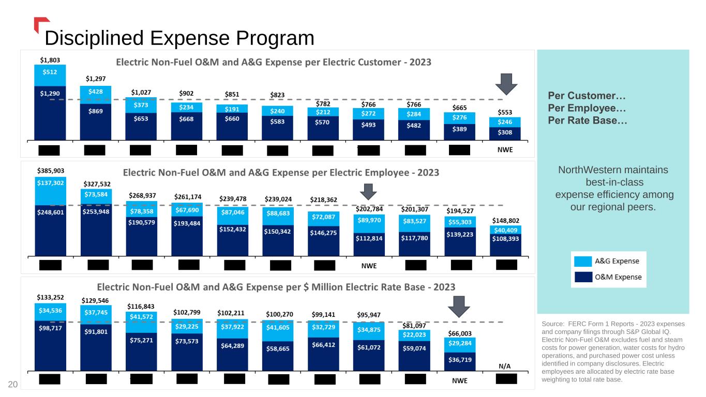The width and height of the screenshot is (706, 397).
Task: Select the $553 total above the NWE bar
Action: click(505, 112)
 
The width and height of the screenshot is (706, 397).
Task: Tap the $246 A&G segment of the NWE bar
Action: click(505, 123)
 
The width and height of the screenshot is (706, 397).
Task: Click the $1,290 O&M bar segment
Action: click(50, 93)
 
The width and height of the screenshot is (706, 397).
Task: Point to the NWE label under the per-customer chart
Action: click(505, 150)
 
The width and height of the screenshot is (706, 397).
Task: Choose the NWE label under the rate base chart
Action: click(460, 380)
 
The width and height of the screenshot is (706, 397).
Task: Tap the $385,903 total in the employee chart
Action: click(51, 170)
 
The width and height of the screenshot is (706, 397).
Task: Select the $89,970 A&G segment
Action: click(369, 220)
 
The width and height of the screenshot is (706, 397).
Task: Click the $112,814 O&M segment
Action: click(369, 238)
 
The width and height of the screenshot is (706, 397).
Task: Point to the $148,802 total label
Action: click(505, 221)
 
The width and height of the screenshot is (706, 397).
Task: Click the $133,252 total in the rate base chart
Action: click(51, 297)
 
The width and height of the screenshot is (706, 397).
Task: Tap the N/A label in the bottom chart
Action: click(505, 366)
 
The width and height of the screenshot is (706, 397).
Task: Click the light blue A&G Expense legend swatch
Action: click(582, 261)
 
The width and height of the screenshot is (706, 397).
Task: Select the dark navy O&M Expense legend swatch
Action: click(582, 277)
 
